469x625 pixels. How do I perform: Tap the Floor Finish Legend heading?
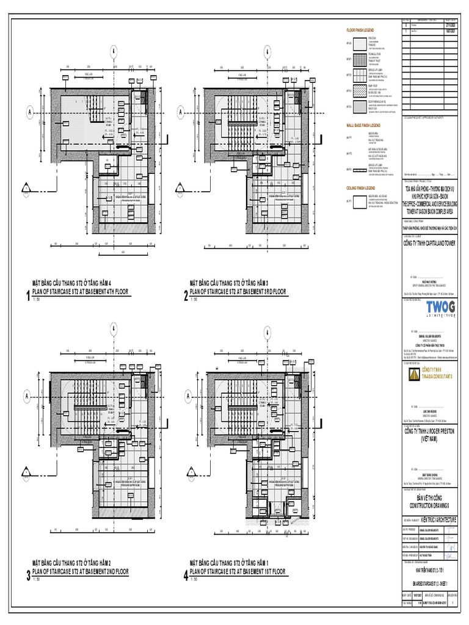tap(360, 30)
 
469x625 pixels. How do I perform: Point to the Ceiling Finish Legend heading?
tap(363, 187)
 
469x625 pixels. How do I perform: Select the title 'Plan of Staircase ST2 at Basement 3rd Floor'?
tap(238, 292)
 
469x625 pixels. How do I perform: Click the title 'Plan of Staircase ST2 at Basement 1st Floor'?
tap(238, 571)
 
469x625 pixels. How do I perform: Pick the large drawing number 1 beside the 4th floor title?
tap(27, 297)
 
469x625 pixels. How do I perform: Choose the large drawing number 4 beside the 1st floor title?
tap(186, 575)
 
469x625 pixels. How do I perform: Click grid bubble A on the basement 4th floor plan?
tap(28, 112)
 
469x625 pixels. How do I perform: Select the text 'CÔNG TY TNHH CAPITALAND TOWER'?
tap(431, 244)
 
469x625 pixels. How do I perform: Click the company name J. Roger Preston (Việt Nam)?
tap(431, 435)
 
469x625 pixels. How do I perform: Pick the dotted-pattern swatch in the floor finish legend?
tap(357, 91)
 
